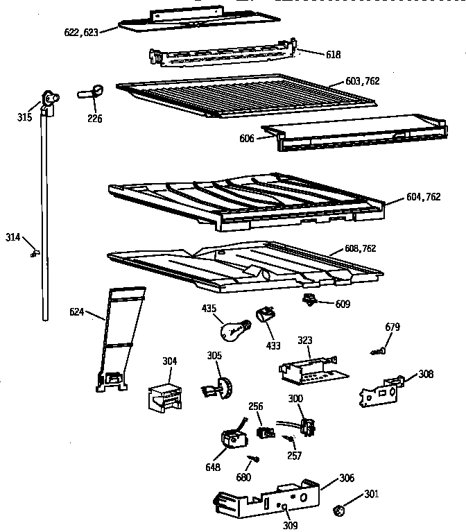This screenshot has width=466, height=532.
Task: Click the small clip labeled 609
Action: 309,300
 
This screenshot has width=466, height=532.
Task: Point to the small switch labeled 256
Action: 264,431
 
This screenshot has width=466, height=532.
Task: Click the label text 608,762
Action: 361,248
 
